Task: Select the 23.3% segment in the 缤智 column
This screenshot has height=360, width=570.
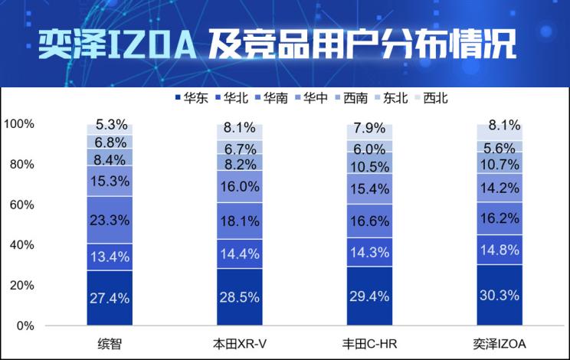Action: click(109, 219)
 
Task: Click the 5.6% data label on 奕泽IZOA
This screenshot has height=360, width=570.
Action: click(500, 147)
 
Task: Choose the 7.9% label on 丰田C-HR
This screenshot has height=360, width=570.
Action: click(369, 128)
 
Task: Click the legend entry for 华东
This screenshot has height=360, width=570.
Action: click(193, 98)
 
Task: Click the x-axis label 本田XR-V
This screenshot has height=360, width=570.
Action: click(239, 342)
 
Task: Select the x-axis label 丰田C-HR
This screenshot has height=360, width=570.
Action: click(369, 342)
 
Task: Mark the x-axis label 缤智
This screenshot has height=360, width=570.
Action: click(109, 342)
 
